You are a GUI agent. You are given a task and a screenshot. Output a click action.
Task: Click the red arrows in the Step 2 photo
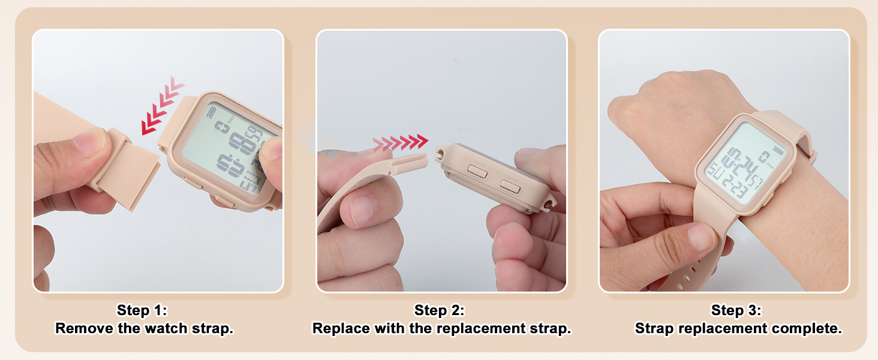click(400, 143)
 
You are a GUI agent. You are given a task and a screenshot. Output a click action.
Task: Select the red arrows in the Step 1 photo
click(162, 106)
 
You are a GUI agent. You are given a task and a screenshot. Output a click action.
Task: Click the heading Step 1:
click(142, 310)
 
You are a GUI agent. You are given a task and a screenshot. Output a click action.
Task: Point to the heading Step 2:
click(439, 310)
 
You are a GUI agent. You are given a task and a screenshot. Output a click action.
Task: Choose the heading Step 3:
click(736, 310)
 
